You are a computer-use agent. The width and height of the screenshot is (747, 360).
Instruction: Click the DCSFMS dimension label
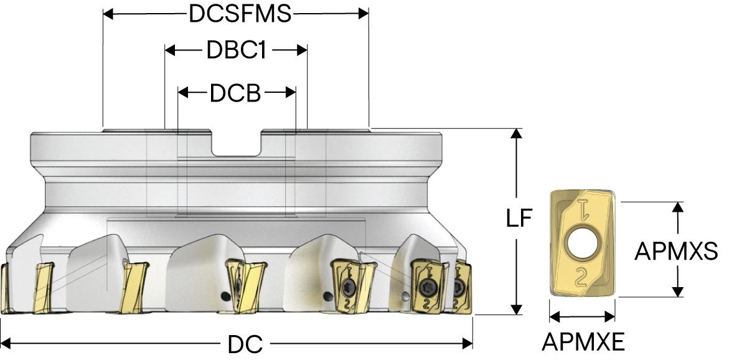pyautogui.click(x=240, y=14)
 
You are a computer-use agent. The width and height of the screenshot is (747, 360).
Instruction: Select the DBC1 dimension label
pyautogui.click(x=236, y=51)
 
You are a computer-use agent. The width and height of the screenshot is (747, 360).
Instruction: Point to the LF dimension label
pyautogui.click(x=518, y=219)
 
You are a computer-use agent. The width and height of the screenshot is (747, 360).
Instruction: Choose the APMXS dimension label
pyautogui.click(x=676, y=251)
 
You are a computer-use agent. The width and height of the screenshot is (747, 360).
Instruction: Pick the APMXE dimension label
pyautogui.click(x=583, y=341)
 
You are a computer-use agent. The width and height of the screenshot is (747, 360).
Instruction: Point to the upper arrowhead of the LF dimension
pyautogui.click(x=516, y=135)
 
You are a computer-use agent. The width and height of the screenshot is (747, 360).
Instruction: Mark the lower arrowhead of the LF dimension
pyautogui.click(x=516, y=308)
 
